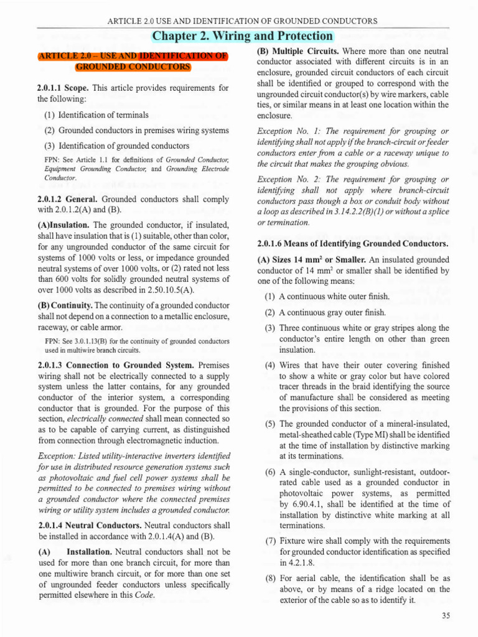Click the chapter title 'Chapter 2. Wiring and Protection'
coord(242,36)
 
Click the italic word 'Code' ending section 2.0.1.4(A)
coord(144,594)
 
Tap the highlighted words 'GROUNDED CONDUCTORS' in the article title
coord(133,67)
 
